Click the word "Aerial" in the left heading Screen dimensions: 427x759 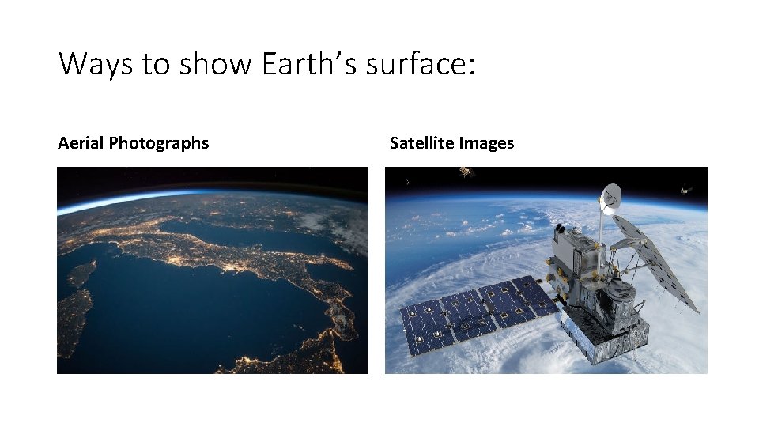[81, 143]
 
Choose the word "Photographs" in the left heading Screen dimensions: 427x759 [159, 143]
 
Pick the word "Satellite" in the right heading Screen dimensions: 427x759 [421, 143]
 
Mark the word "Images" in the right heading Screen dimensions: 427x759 [486, 143]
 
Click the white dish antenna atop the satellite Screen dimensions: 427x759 [610, 198]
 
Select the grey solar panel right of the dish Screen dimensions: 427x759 [656, 261]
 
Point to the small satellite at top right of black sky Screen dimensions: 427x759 [685, 191]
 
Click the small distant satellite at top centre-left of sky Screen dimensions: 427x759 [466, 171]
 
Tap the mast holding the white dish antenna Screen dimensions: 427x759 [601, 229]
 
